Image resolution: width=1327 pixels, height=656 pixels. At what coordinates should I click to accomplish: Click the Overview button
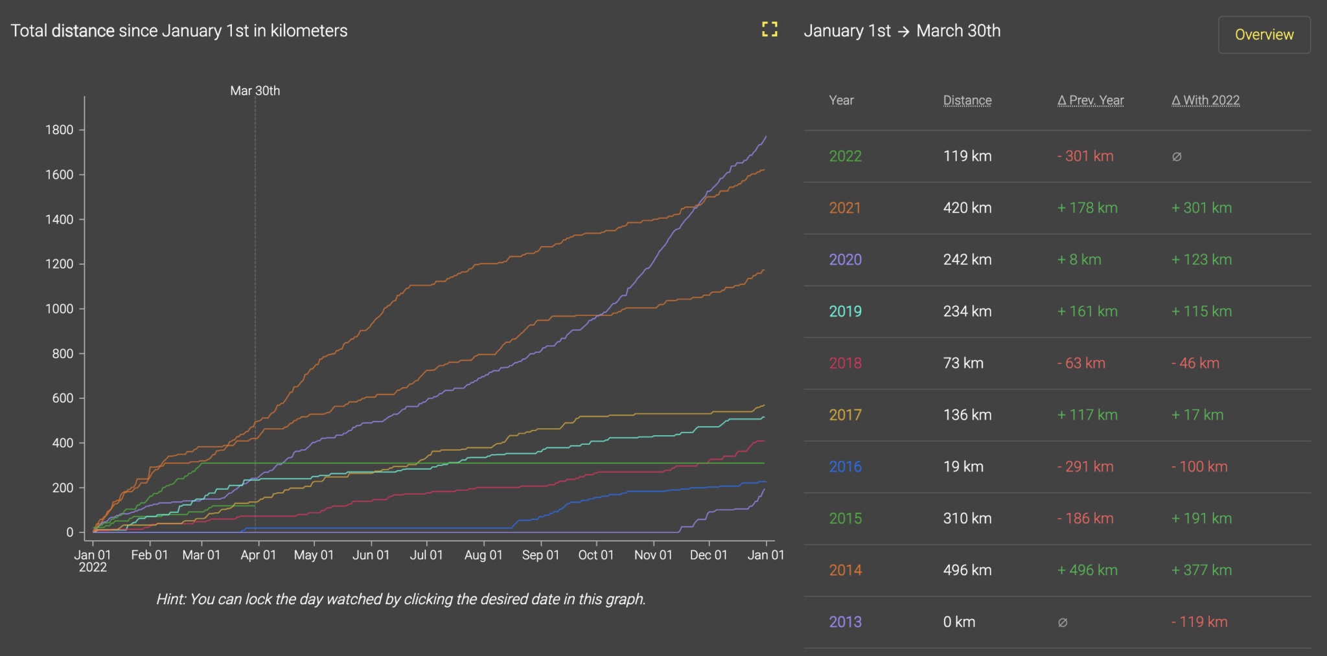pyautogui.click(x=1264, y=35)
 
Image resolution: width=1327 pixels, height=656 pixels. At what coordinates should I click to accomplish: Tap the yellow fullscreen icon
pyautogui.click(x=769, y=29)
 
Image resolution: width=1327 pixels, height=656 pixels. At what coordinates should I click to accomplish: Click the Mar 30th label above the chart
pyautogui.click(x=255, y=91)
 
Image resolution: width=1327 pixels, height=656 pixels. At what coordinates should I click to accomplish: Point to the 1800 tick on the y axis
pyautogui.click(x=59, y=130)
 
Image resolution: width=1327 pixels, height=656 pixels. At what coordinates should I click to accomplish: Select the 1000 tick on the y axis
pyautogui.click(x=59, y=309)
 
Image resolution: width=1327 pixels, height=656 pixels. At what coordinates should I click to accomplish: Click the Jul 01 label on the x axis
pyautogui.click(x=426, y=555)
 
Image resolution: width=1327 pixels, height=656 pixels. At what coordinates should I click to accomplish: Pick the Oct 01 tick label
pyautogui.click(x=595, y=555)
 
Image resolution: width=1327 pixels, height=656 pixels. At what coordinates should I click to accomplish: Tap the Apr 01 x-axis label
pyautogui.click(x=258, y=555)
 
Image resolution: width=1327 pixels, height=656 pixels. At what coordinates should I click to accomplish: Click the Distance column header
pyautogui.click(x=967, y=100)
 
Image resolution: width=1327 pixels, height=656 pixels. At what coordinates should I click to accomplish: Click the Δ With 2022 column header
pyautogui.click(x=1205, y=100)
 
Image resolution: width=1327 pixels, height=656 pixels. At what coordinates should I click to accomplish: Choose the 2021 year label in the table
pyautogui.click(x=845, y=208)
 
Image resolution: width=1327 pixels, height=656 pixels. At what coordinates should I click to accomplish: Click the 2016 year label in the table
pyautogui.click(x=845, y=467)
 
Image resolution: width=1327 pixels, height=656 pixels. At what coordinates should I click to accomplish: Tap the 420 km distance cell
pyautogui.click(x=967, y=208)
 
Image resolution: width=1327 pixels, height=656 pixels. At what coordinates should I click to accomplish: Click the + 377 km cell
pyautogui.click(x=1201, y=571)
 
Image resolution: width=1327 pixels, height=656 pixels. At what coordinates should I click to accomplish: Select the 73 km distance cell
pyautogui.click(x=963, y=363)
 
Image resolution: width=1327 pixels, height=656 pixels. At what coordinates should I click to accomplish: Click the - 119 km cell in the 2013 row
pyautogui.click(x=1199, y=622)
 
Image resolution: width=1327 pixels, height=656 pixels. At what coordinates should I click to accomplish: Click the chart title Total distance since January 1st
pyautogui.click(x=179, y=31)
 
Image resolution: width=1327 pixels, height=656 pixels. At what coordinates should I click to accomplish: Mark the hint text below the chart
pyautogui.click(x=400, y=599)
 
